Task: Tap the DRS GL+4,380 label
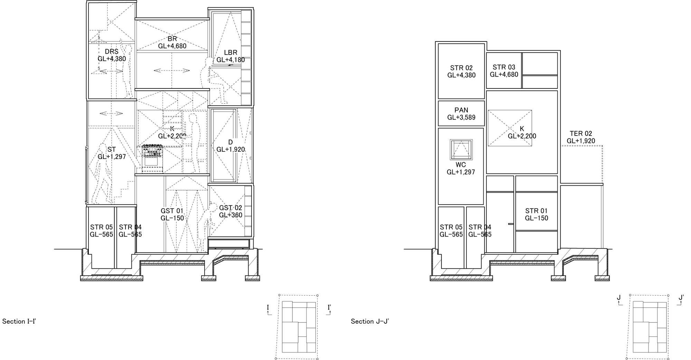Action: [112, 55]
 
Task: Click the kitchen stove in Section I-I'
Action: [152, 159]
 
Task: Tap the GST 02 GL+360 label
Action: [230, 211]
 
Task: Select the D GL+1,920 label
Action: [230, 146]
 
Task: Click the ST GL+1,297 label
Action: [112, 153]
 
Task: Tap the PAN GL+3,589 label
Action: [461, 114]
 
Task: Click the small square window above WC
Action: [461, 150]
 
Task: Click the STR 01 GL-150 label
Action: [536, 214]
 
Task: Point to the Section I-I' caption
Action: [19, 321]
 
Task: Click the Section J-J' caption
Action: [370, 321]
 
